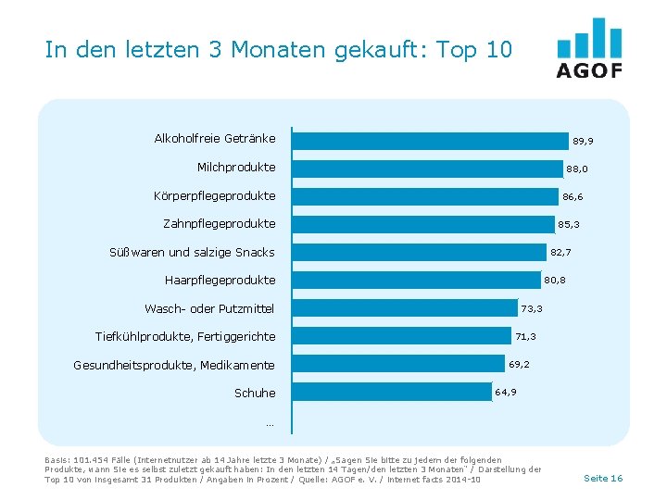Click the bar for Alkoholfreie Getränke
coord(430,140)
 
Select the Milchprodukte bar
coord(427,168)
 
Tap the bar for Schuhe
coord(391,393)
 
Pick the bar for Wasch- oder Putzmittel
coord(404,308)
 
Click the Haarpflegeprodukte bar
coord(416,280)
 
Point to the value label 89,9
coord(583,141)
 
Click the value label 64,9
coord(506,393)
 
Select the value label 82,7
coord(560,252)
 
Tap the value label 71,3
coord(526,336)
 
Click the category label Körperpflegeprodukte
coord(214,196)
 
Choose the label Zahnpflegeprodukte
coord(219,224)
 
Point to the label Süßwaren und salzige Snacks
coord(192,252)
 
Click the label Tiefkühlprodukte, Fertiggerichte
coord(185,336)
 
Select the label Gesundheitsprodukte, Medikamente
coord(174,365)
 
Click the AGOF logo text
coord(589,71)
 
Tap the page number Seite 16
coord(603,478)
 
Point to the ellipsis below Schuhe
coord(270,423)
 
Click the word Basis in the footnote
coord(57,460)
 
